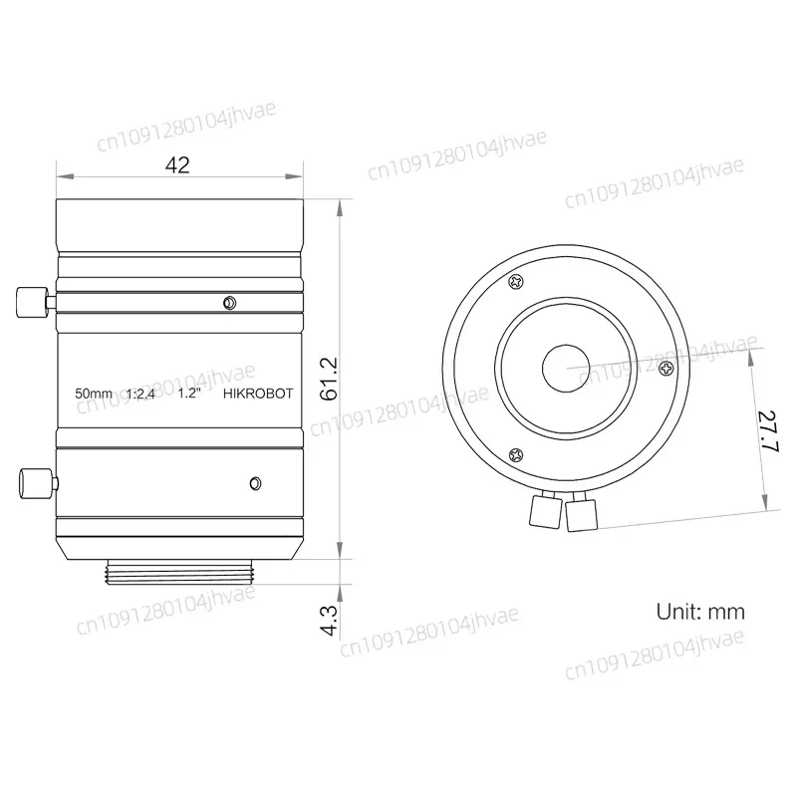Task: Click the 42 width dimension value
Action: click(x=178, y=165)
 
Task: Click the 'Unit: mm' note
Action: click(x=699, y=612)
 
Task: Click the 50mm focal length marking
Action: click(x=94, y=394)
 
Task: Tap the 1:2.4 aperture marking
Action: click(x=142, y=394)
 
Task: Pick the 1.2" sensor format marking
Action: click(x=190, y=394)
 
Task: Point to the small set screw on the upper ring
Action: click(x=230, y=302)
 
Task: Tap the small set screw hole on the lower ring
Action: click(x=254, y=485)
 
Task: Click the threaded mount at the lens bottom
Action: click(x=178, y=573)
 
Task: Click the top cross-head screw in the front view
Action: click(x=516, y=282)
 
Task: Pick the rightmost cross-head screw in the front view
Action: click(x=665, y=368)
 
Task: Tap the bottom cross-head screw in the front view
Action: click(x=515, y=454)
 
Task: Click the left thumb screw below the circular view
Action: click(x=543, y=511)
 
